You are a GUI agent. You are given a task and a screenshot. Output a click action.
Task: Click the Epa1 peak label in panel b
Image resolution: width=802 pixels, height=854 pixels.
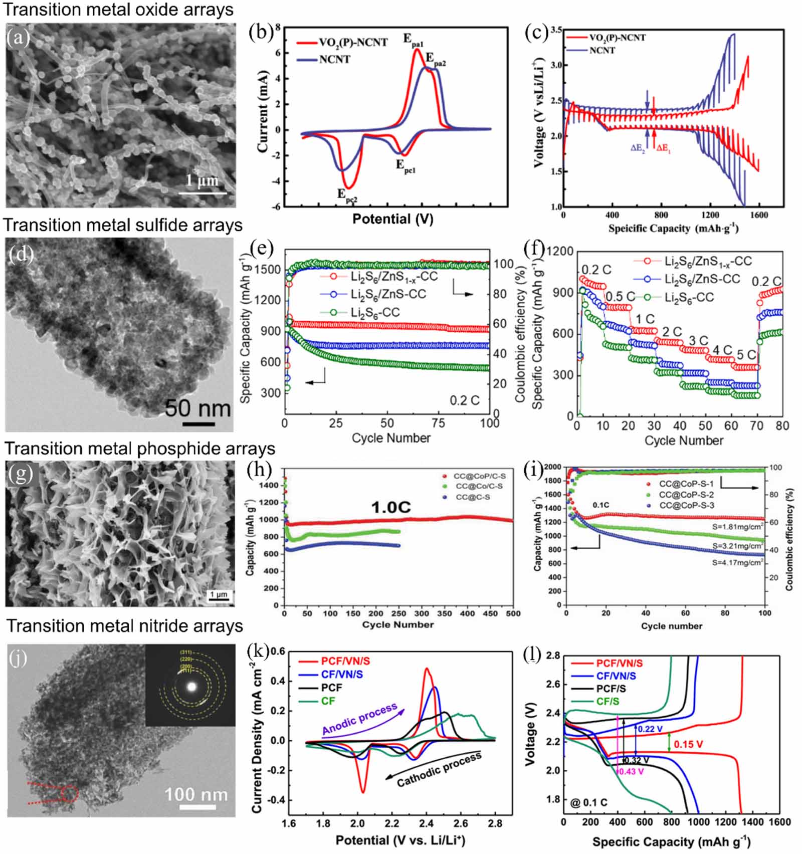[x=414, y=41]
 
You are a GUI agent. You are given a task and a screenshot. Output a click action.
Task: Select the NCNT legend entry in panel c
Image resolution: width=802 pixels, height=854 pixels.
[x=601, y=50]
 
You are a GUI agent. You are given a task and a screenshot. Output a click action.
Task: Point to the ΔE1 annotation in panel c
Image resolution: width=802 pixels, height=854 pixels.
[x=663, y=148]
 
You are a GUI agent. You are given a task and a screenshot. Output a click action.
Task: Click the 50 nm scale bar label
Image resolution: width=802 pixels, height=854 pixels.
[x=197, y=408]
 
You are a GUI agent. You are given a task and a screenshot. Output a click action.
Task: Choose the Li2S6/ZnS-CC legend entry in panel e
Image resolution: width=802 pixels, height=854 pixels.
[x=388, y=294]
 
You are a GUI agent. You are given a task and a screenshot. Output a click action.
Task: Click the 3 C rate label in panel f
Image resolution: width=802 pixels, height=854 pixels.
[x=698, y=341]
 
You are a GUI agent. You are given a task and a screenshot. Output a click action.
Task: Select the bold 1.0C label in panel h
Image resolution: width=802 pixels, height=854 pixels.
[x=390, y=508]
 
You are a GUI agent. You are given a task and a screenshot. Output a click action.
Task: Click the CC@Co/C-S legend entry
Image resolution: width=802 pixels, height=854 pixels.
[x=479, y=486]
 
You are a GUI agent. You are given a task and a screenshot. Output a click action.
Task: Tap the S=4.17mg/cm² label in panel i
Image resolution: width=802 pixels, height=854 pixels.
[x=737, y=563]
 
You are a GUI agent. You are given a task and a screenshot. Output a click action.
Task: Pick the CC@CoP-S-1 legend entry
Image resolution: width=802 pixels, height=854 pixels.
[x=686, y=484]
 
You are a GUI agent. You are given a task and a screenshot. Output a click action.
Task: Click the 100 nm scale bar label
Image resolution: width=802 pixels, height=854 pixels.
[x=196, y=794]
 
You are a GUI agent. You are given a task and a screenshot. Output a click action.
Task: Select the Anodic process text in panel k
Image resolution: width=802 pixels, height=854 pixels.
[x=359, y=719]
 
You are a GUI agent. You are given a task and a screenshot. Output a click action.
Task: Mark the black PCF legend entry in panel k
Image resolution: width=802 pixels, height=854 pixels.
[x=331, y=688]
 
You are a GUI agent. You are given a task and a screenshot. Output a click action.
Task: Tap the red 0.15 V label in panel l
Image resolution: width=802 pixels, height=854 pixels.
[x=688, y=744]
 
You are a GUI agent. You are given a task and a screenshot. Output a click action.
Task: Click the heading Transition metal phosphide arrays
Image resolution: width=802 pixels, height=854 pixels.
[x=140, y=448]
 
